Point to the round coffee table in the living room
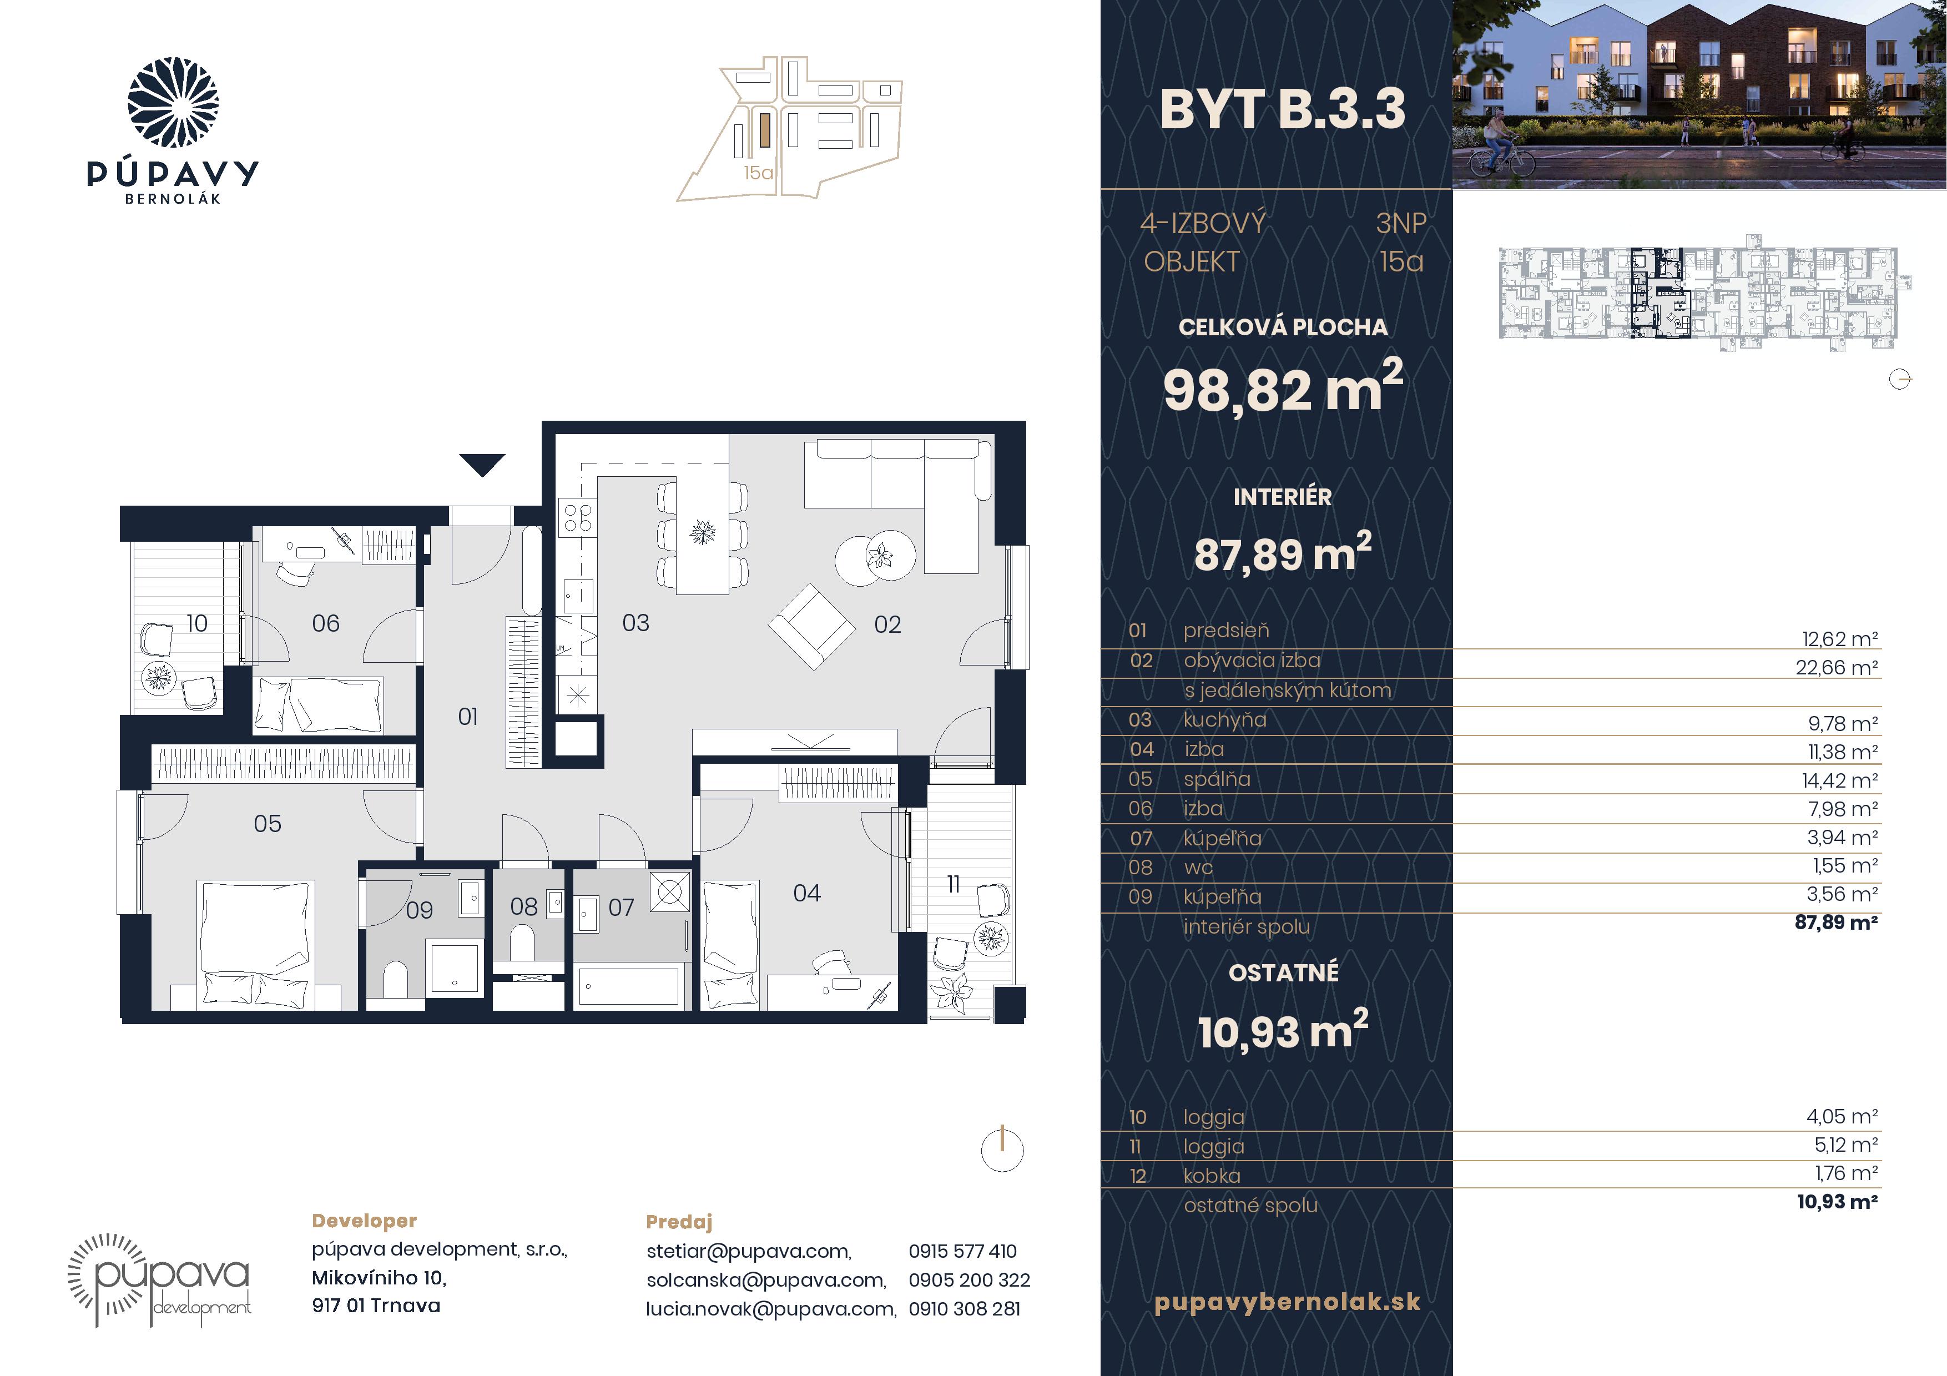click(x=875, y=558)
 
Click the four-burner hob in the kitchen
click(x=577, y=517)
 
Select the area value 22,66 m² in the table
click(x=1837, y=667)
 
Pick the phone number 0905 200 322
click(x=969, y=1279)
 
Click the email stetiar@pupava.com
click(x=749, y=1251)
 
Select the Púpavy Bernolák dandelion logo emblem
click(x=173, y=103)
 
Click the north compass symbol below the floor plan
click(x=1002, y=1150)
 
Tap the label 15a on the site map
click(x=758, y=173)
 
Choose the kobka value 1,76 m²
click(x=1846, y=1173)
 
